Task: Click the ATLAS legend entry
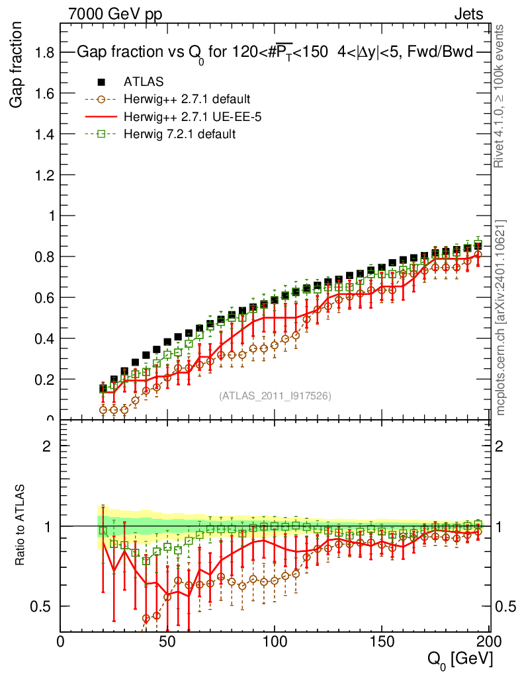(x=144, y=82)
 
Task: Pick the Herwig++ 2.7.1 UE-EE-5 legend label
(x=187, y=117)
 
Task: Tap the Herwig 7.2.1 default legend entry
(x=180, y=134)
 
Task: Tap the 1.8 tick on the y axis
(x=44, y=52)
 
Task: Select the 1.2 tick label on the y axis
(x=44, y=175)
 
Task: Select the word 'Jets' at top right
(x=468, y=14)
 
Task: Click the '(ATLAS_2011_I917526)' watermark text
(x=275, y=395)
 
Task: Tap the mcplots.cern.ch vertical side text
(x=501, y=317)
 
